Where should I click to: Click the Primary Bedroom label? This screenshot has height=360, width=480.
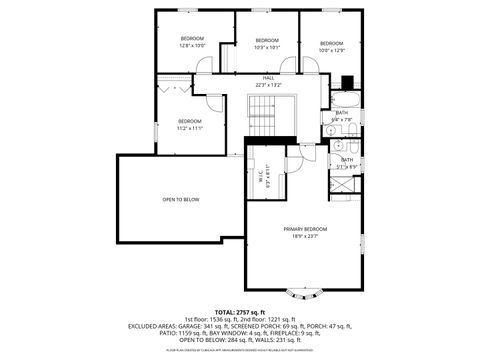tap(305, 229)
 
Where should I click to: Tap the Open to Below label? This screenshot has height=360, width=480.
tap(181, 200)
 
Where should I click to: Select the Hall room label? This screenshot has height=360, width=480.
tap(268, 78)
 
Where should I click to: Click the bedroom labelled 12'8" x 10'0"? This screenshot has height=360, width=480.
tap(192, 39)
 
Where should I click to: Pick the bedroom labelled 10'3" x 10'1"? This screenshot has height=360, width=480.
tap(267, 41)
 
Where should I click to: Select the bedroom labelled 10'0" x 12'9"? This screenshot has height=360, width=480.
tap(331, 43)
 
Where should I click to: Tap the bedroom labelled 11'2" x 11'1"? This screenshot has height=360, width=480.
tap(190, 121)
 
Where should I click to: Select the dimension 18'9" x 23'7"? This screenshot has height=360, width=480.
tap(305, 236)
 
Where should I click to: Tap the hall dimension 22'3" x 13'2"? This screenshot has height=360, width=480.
tap(268, 85)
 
